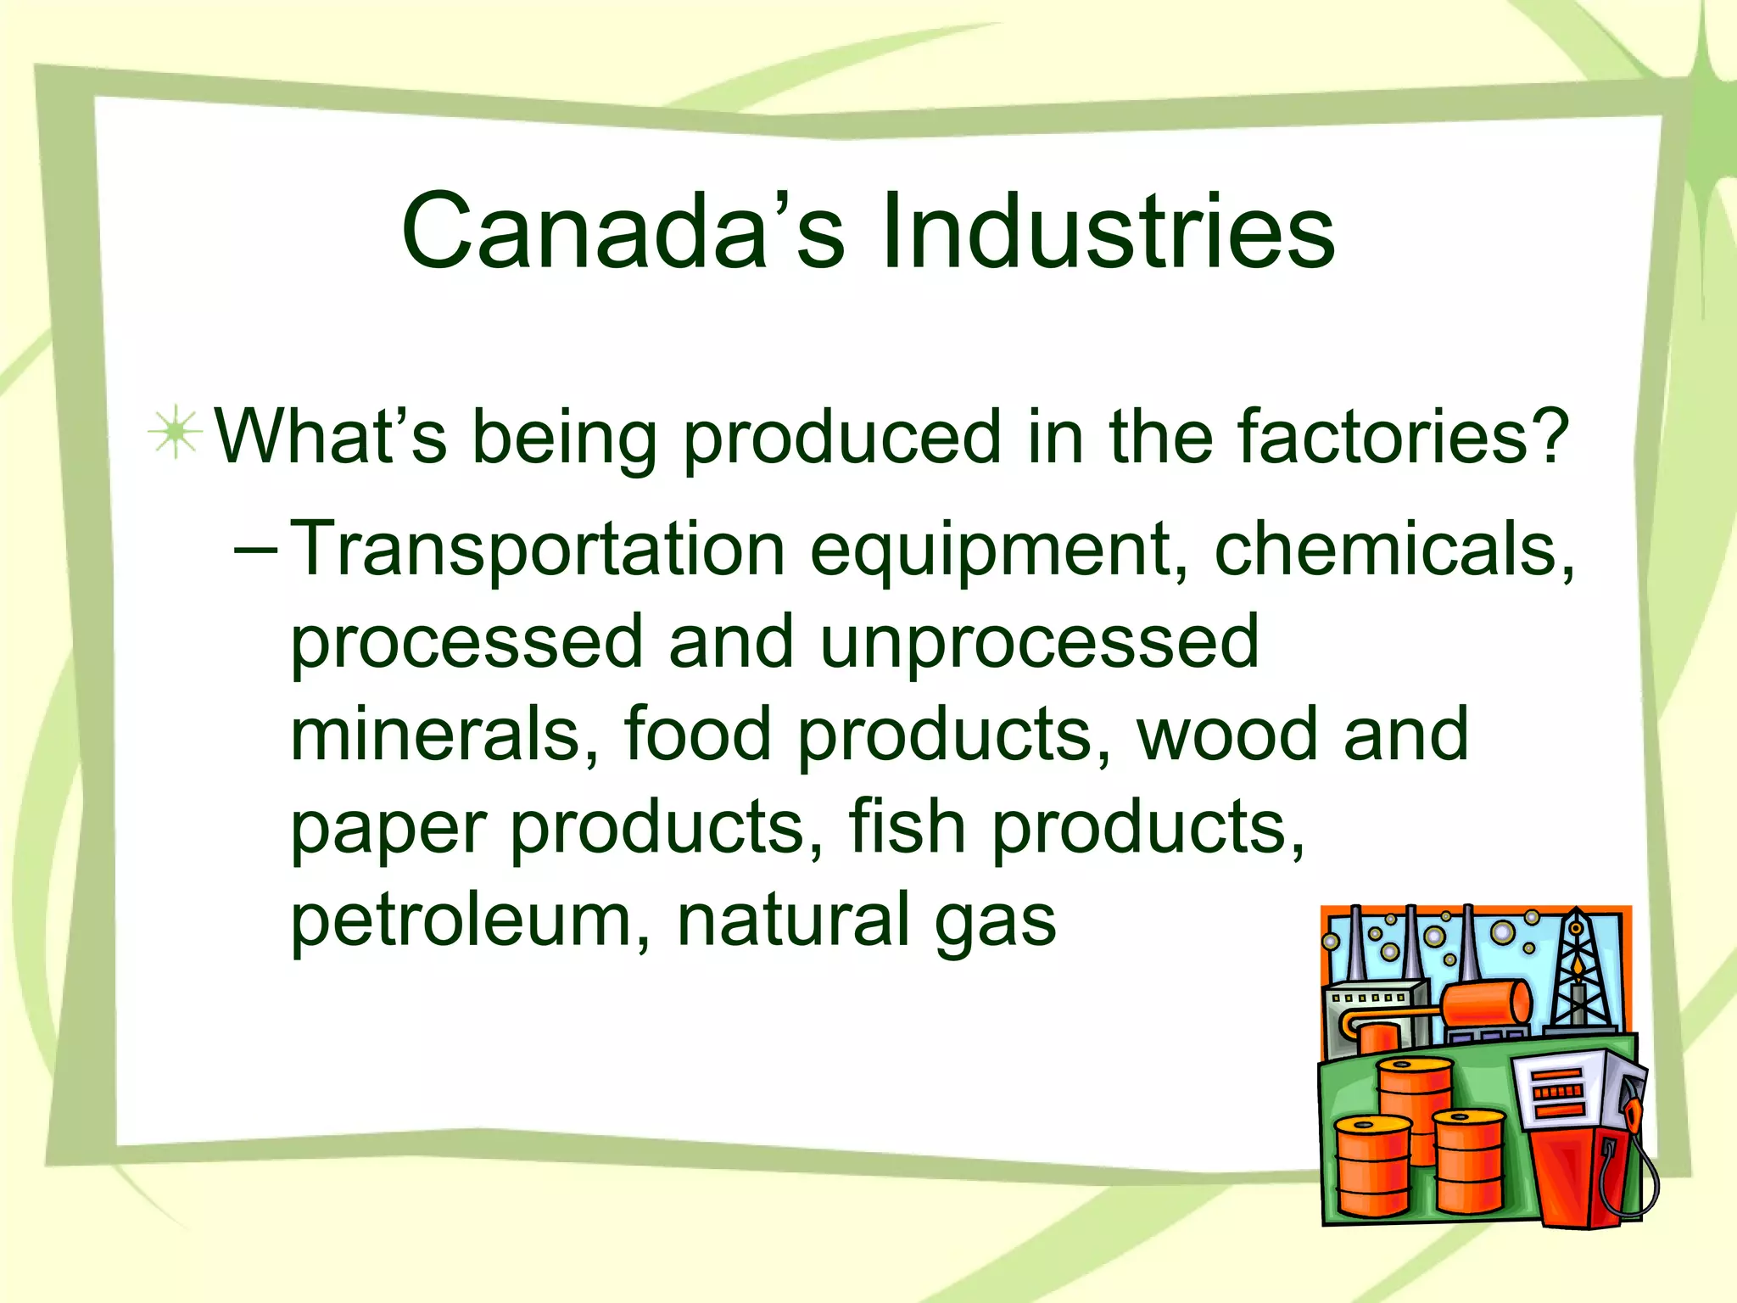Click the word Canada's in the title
click(x=623, y=232)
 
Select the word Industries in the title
click(x=1108, y=232)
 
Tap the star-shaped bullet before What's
click(x=176, y=433)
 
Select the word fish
click(x=907, y=827)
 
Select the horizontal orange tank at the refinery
click(x=1486, y=1004)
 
